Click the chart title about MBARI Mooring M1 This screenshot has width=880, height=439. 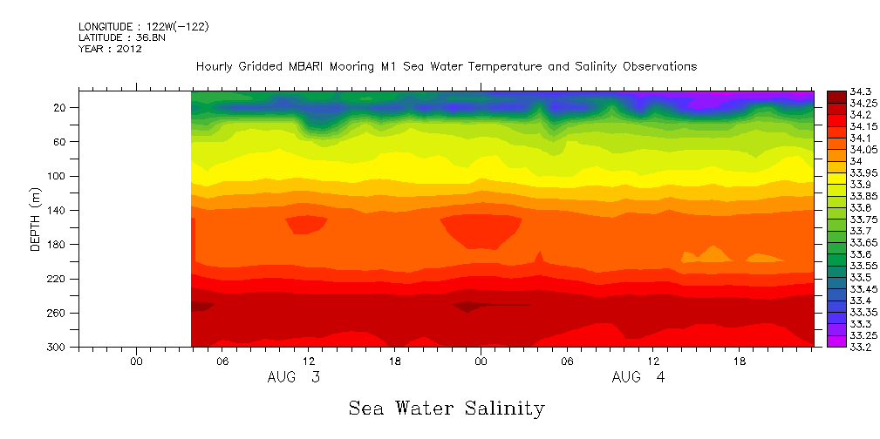coord(446,67)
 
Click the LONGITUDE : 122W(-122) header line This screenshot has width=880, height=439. coord(143,27)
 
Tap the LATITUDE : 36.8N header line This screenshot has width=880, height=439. coord(119,37)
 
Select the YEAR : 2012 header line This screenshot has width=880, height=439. coord(110,49)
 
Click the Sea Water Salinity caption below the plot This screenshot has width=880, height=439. coord(446,408)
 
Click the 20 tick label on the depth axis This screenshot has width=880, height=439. coord(61,107)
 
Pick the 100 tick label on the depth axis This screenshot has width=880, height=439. coord(58,176)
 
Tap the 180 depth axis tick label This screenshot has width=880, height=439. coord(58,245)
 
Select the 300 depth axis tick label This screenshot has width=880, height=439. coord(58,348)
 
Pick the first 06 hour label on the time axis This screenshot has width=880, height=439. coord(222,361)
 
